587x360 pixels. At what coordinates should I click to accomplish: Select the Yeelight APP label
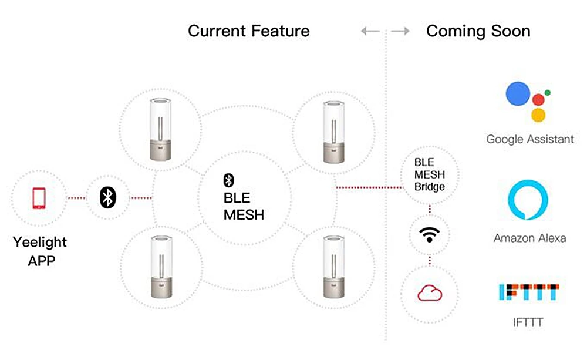pyautogui.click(x=40, y=251)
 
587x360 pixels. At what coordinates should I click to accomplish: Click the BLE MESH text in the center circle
pyautogui.click(x=244, y=207)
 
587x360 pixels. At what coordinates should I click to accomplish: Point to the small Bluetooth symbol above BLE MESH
pyautogui.click(x=230, y=180)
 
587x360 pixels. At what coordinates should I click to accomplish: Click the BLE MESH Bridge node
pyautogui.click(x=430, y=174)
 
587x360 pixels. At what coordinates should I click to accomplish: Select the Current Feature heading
pyautogui.click(x=249, y=31)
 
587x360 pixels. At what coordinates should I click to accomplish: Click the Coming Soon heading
pyautogui.click(x=478, y=31)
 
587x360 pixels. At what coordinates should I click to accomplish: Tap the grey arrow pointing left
pyautogui.click(x=370, y=31)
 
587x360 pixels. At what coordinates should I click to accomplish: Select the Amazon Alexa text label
pyautogui.click(x=529, y=238)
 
